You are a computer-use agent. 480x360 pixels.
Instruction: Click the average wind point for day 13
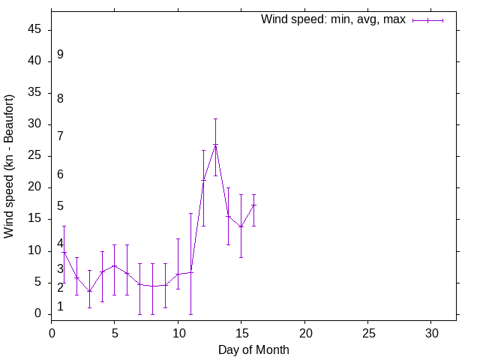(x=215, y=145)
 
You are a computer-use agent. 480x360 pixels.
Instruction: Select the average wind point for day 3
(x=89, y=291)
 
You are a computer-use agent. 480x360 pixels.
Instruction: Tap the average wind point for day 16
(x=253, y=205)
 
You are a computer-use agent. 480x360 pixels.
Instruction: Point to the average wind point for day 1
(x=64, y=253)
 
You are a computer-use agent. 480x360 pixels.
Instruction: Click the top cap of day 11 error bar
(x=190, y=213)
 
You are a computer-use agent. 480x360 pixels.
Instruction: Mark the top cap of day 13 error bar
(x=215, y=118)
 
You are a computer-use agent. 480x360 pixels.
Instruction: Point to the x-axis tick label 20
(x=304, y=331)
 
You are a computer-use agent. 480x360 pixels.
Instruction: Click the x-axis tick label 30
(x=431, y=331)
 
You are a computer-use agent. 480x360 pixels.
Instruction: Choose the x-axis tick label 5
(x=115, y=331)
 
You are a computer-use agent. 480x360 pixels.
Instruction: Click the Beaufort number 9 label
(x=60, y=55)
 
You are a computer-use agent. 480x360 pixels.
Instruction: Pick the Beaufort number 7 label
(x=60, y=136)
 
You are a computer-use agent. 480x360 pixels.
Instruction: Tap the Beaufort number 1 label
(x=60, y=307)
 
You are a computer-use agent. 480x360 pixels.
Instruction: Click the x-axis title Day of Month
(x=253, y=349)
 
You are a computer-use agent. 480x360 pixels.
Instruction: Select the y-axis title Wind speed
(x=10, y=166)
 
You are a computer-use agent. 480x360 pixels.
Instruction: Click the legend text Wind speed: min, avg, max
(x=333, y=19)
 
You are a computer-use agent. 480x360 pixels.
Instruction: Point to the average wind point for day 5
(x=115, y=265)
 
